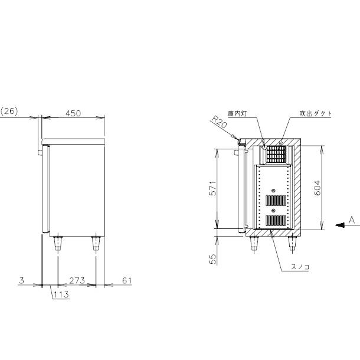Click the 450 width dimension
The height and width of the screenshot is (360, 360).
73,113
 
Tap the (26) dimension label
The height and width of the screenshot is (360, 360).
9,112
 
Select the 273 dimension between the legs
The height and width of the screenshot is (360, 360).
77,280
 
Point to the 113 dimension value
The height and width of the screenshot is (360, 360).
61,294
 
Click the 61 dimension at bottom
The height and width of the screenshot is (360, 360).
127,280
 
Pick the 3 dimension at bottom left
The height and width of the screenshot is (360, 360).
21,280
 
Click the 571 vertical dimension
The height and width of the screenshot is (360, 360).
213,188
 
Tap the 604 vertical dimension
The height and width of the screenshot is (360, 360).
317,188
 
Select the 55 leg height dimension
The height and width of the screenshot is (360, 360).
213,259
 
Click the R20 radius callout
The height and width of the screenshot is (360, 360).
219,122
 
